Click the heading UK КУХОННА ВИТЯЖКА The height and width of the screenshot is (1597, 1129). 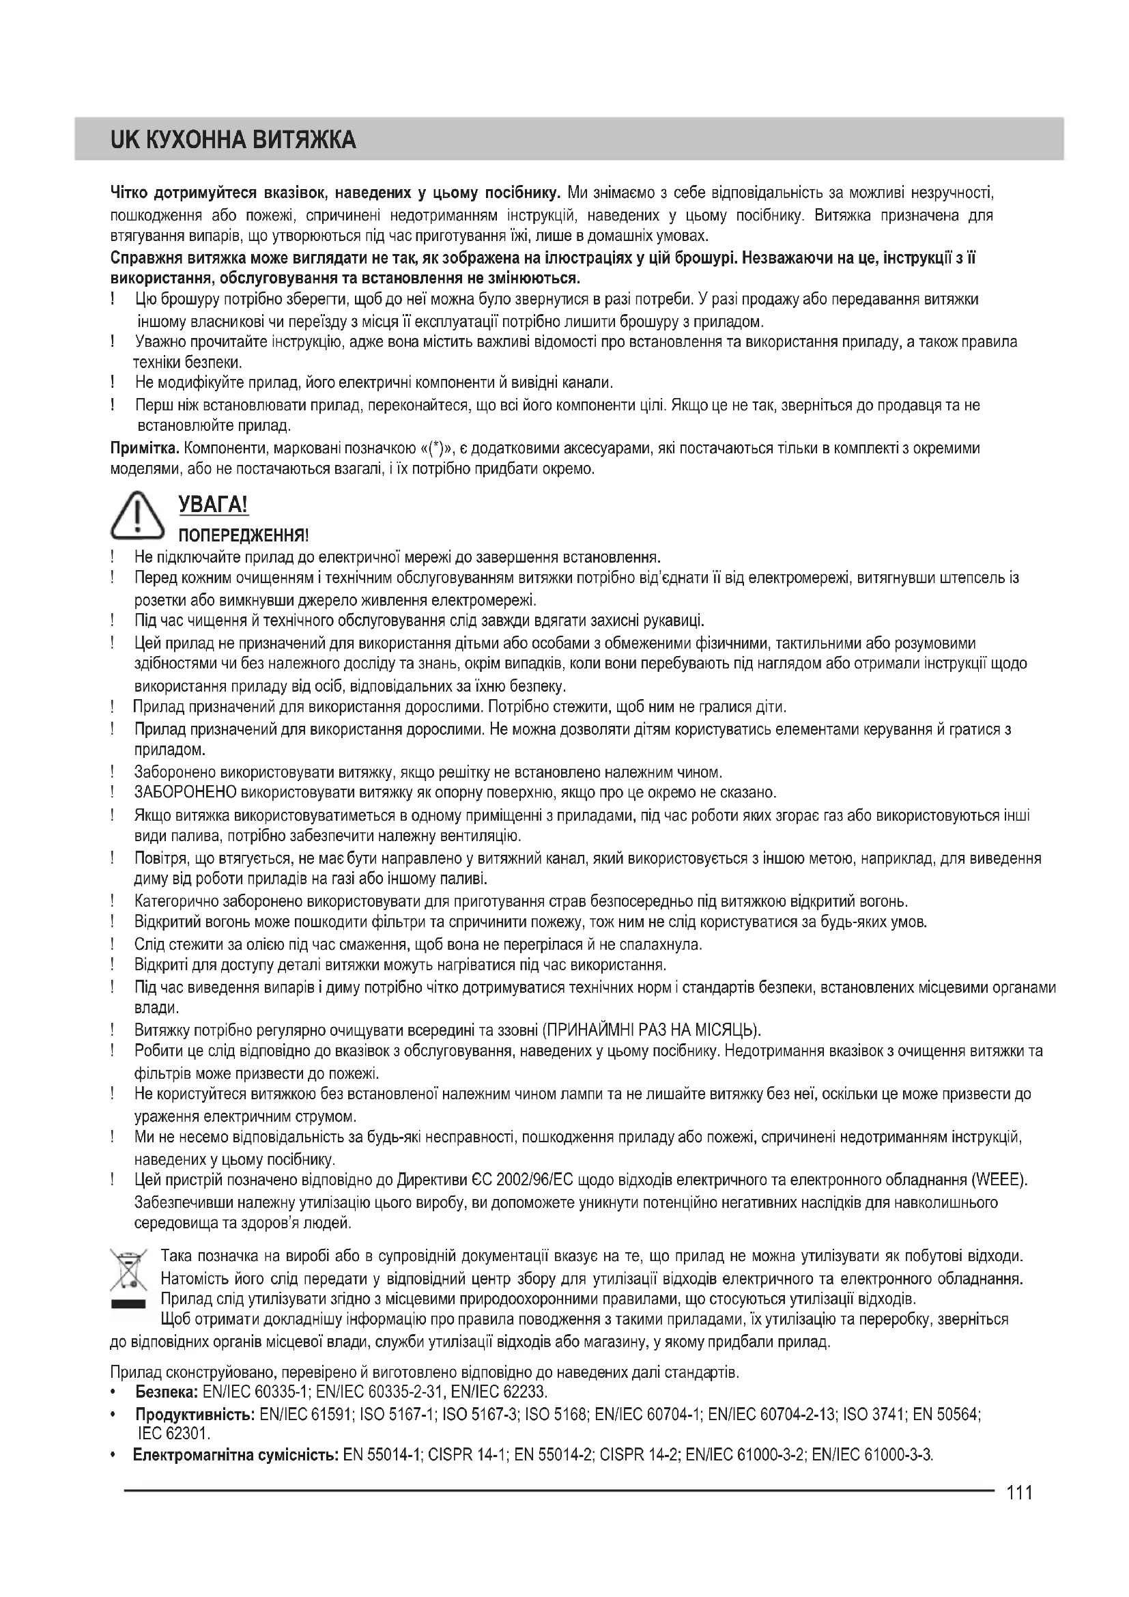pyautogui.click(x=233, y=140)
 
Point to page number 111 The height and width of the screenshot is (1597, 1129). pyautogui.click(x=1019, y=1492)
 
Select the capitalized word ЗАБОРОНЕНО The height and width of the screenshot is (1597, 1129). pyautogui.click(x=186, y=792)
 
